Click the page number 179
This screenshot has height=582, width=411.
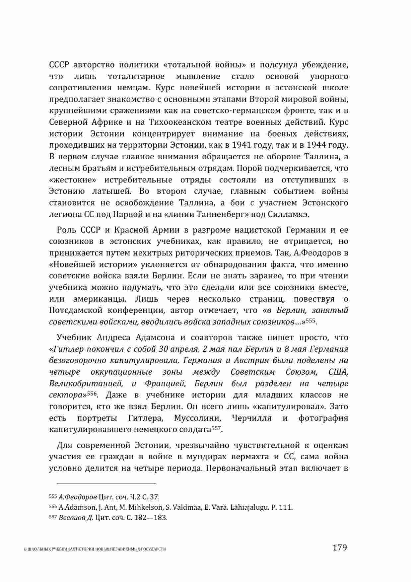[x=339, y=547]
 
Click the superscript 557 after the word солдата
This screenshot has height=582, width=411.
[x=216, y=428]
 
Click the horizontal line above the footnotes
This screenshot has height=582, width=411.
[x=103, y=483]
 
